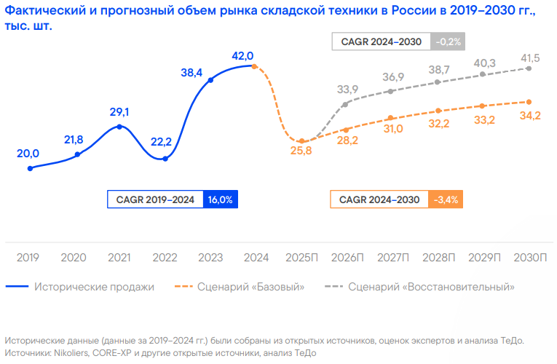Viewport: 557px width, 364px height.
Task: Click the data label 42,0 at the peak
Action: tap(242, 55)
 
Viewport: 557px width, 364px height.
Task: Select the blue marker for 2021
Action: tap(120, 127)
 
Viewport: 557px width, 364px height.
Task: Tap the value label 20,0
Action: tap(28, 154)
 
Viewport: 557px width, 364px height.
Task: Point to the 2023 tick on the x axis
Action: tap(210, 258)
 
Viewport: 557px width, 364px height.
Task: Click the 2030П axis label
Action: tap(529, 258)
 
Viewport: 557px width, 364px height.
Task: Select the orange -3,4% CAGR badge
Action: tap(446, 199)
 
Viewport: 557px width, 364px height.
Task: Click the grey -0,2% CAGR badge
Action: tap(449, 41)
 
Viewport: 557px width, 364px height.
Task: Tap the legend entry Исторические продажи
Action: tap(94, 287)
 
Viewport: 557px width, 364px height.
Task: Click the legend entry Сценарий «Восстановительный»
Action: tap(431, 287)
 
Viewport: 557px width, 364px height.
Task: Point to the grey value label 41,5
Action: tap(530, 58)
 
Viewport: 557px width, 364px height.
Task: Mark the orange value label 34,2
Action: tap(530, 115)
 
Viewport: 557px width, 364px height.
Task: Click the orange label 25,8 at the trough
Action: tap(300, 151)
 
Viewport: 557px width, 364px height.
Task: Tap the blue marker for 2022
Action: tap(165, 159)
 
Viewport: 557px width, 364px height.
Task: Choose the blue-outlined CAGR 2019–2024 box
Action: tap(156, 199)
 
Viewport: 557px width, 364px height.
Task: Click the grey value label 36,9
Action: tap(393, 77)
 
